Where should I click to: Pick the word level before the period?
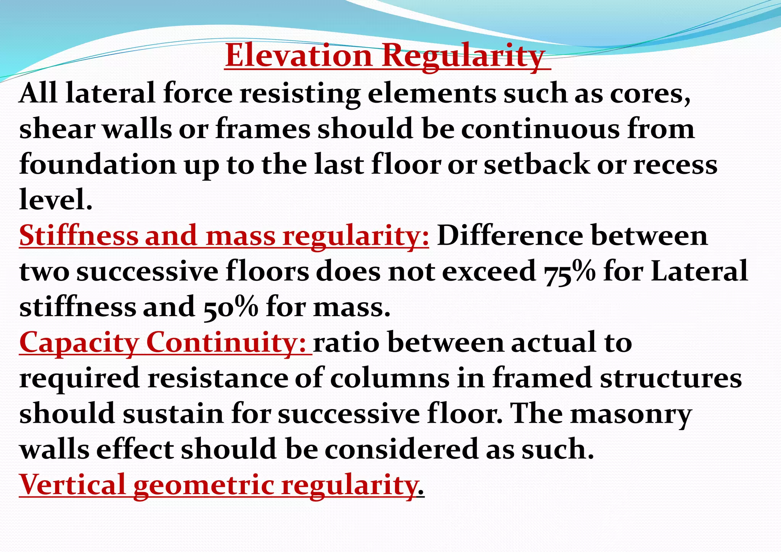pyautogui.click(x=53, y=200)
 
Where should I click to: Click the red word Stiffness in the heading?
pyautogui.click(x=79, y=236)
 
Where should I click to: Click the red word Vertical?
pyautogui.click(x=72, y=485)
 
